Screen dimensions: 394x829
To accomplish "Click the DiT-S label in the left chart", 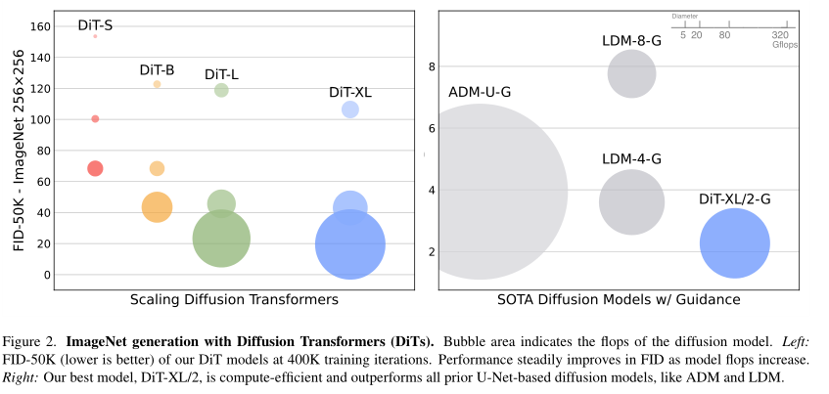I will [x=95, y=25].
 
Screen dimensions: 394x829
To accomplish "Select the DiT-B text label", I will [x=157, y=69].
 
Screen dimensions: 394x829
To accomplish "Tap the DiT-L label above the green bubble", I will [x=221, y=74].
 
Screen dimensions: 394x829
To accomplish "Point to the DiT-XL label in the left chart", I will [x=349, y=92].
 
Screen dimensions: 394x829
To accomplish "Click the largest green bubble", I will [x=221, y=238].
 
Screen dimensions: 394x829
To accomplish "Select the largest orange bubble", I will [x=157, y=206].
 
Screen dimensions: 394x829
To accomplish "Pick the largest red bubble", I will [x=95, y=168].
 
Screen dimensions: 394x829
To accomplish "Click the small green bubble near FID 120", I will [x=221, y=91].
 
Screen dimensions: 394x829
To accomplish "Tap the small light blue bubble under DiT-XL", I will [x=349, y=109].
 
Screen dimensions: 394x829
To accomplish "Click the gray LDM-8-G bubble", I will [x=631, y=74].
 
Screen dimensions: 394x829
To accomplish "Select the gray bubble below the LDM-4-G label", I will [x=631, y=201].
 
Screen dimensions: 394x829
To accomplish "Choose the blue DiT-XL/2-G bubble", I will [x=735, y=243].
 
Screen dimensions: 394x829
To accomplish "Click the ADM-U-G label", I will [x=480, y=92].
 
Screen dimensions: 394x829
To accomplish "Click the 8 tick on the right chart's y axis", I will [x=429, y=66].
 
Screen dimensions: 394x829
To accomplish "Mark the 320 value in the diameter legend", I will [x=781, y=35].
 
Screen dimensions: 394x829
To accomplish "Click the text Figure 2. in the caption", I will [x=31, y=342].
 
